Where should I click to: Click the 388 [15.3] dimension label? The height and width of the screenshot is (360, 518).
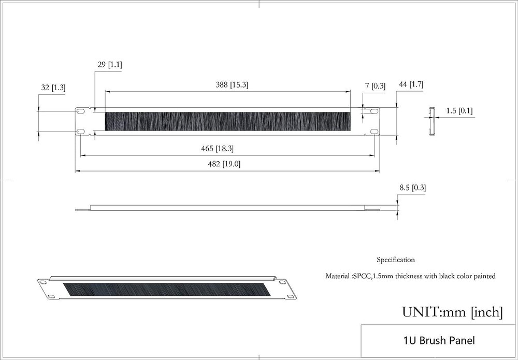tap(232, 85)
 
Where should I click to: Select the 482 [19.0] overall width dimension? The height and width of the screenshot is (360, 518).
tap(223, 164)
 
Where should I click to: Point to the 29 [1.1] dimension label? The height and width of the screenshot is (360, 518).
tap(109, 65)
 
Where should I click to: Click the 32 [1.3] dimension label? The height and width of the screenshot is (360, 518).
tap(53, 88)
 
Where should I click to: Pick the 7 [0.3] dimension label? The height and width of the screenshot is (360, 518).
tap(375, 86)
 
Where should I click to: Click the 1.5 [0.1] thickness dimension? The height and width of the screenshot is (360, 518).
tap(459, 111)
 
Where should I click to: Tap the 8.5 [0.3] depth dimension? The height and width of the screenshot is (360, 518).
tap(413, 188)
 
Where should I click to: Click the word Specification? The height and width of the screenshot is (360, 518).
tap(395, 260)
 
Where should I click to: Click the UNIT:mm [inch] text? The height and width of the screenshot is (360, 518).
tap(452, 312)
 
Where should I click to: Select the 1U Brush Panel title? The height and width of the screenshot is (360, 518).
tap(438, 340)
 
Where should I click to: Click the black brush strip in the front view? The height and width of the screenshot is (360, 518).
tap(227, 121)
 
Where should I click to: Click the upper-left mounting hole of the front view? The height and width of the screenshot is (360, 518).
tap(81, 111)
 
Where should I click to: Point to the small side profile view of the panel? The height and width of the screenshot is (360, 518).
tap(430, 121)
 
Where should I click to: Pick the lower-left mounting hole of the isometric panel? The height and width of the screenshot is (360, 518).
tap(52, 297)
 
